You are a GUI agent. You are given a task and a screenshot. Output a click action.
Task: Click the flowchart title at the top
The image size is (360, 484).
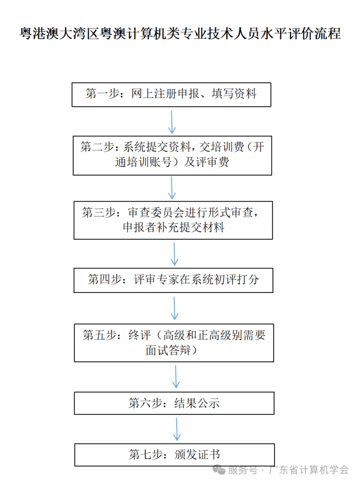(x=180, y=33)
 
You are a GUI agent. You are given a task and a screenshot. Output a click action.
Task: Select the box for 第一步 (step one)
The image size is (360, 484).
(x=171, y=94)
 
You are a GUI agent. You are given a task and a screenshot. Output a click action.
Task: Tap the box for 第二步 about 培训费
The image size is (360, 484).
(x=172, y=155)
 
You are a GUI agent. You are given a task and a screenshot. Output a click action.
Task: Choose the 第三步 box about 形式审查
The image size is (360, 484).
(x=173, y=220)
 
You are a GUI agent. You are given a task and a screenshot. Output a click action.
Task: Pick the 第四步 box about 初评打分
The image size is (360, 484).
(x=173, y=280)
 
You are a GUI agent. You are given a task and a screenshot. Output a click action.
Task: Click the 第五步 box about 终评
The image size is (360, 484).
(x=174, y=343)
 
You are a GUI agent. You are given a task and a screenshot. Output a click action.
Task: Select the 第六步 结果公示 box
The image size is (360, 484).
(x=174, y=403)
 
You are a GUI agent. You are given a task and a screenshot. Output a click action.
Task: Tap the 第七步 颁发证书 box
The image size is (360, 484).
(x=174, y=455)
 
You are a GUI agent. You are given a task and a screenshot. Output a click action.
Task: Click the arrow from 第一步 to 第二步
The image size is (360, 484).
(x=171, y=122)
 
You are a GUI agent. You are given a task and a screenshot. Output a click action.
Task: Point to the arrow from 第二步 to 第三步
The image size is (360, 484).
(x=172, y=188)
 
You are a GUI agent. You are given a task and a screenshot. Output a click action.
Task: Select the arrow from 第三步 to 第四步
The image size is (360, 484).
(x=174, y=254)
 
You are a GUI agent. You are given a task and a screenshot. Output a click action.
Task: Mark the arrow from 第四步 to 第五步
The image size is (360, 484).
(x=174, y=308)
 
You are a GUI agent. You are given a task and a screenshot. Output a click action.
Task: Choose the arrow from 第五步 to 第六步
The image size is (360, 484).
(x=176, y=377)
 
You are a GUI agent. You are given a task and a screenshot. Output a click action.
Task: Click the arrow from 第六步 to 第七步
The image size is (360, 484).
(x=177, y=429)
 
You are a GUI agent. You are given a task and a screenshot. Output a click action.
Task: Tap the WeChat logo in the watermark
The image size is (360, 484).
(x=219, y=470)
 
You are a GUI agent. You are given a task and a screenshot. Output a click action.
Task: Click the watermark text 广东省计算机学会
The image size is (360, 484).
(x=309, y=470)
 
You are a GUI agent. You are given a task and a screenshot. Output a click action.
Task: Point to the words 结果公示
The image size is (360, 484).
(x=197, y=403)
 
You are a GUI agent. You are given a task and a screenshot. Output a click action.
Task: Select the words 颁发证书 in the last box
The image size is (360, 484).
(x=197, y=455)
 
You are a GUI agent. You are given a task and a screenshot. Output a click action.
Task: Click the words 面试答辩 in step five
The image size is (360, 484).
(x=168, y=350)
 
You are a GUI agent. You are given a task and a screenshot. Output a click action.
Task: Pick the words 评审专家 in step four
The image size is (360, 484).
(x=156, y=280)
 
